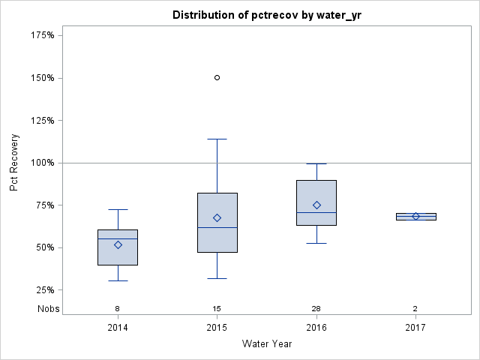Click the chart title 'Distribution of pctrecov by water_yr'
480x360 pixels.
[267, 15]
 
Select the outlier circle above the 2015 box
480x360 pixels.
[217, 77]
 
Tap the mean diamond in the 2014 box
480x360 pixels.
[118, 244]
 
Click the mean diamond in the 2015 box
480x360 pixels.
[217, 217]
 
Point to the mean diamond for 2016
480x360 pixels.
[316, 205]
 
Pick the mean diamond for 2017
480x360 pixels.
[415, 216]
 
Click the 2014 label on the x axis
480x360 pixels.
[118, 328]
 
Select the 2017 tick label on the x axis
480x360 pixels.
[415, 328]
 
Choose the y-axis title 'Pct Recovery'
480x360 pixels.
[15, 163]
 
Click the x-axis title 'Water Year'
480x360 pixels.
[267, 344]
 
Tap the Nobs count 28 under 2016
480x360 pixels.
[316, 309]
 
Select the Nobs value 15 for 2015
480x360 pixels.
[217, 309]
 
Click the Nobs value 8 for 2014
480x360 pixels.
[118, 309]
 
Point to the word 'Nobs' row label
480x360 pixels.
[48, 309]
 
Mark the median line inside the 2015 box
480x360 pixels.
[217, 227]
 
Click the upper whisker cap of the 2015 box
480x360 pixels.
[217, 139]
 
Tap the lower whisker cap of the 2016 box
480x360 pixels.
[316, 243]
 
